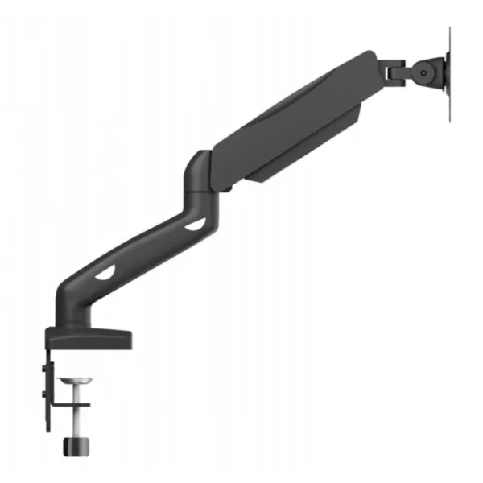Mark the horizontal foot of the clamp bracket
(x=71, y=405)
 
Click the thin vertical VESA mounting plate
(x=448, y=72)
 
